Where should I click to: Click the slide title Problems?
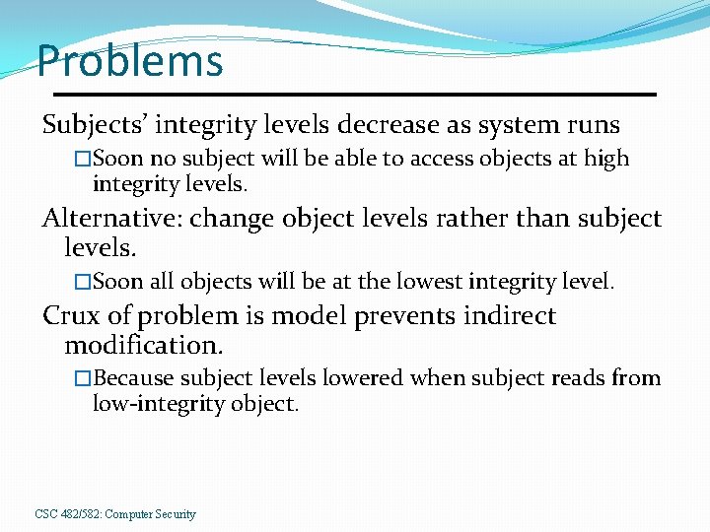[130, 61]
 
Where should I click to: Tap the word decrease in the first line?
[385, 126]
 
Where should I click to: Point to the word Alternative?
[110, 218]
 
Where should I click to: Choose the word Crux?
[70, 316]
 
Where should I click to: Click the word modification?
[143, 346]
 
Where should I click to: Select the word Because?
[134, 378]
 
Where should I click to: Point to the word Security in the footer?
[175, 514]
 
